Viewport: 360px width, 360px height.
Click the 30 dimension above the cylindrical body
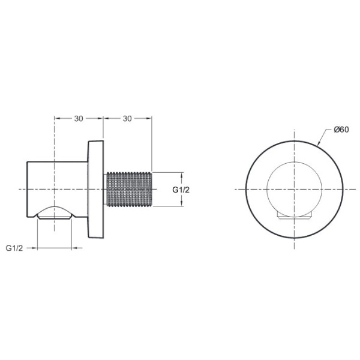pyautogui.click(x=79, y=118)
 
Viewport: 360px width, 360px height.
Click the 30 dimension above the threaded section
pyautogui.click(x=127, y=118)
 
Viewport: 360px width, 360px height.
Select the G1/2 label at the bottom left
pyautogui.click(x=16, y=247)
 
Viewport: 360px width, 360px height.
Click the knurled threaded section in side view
pyautogui.click(x=130, y=190)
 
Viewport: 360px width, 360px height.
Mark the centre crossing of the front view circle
pyautogui.click(x=295, y=190)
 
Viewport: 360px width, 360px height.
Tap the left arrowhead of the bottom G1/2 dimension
pyautogui.click(x=40, y=247)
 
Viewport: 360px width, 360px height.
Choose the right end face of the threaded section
pyautogui.click(x=154, y=190)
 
